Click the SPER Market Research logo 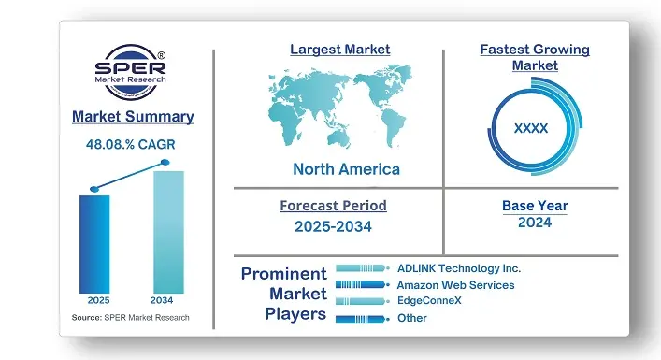133,74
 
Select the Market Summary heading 133,117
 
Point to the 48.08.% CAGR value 133,145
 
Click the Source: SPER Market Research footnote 130,318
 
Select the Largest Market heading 340,49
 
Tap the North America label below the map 346,169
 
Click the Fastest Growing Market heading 535,57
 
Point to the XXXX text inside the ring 531,128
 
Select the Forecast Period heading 333,206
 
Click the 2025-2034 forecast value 333,227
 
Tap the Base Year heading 535,206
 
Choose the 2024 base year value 535,223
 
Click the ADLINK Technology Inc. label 458,268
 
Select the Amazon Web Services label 455,285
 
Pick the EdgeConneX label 429,301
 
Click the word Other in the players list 411,318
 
